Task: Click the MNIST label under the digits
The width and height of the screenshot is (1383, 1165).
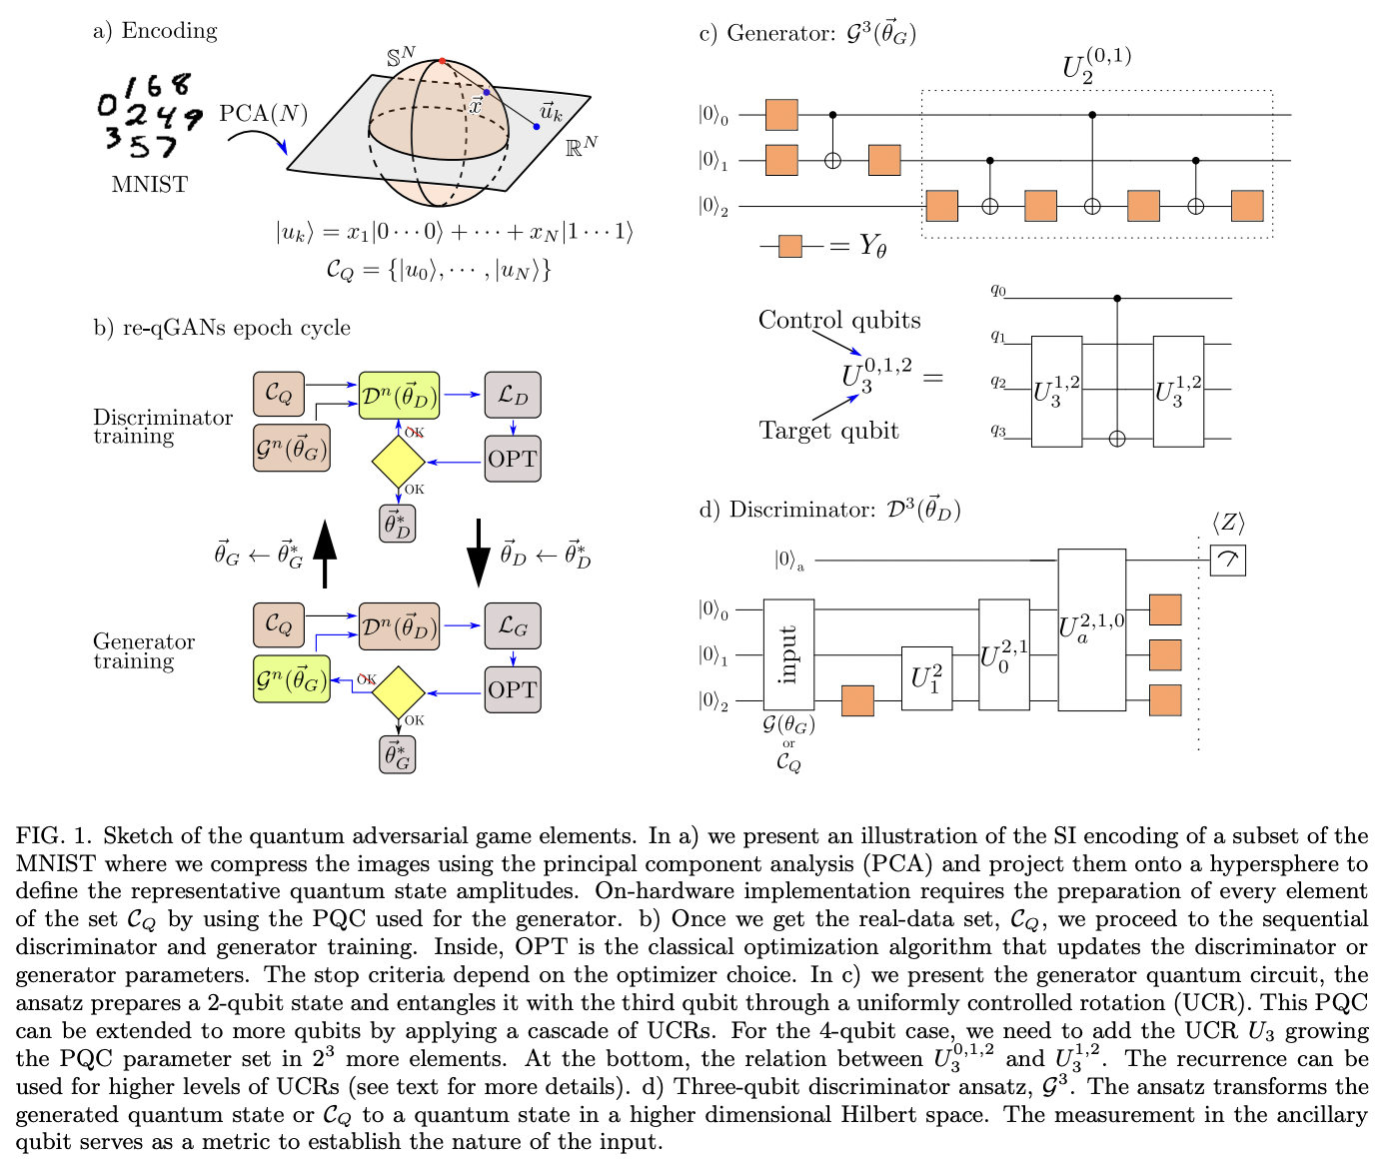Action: pyautogui.click(x=149, y=184)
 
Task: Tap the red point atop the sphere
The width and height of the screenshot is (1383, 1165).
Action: pyautogui.click(x=442, y=61)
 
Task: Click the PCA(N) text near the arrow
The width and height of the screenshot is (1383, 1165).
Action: pyautogui.click(x=264, y=113)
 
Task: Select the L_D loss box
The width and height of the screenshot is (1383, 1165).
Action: pyautogui.click(x=513, y=395)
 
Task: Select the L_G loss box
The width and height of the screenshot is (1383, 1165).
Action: pyautogui.click(x=513, y=626)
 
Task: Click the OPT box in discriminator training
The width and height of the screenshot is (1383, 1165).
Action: pyautogui.click(x=513, y=459)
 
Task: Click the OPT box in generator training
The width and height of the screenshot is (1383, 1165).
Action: pyautogui.click(x=513, y=689)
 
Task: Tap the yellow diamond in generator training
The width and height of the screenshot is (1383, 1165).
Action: pyautogui.click(x=398, y=692)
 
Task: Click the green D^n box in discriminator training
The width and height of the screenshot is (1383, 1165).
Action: pyautogui.click(x=399, y=396)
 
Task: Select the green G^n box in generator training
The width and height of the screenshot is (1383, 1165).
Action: pyautogui.click(x=291, y=679)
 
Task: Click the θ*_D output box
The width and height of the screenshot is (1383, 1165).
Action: pyautogui.click(x=398, y=524)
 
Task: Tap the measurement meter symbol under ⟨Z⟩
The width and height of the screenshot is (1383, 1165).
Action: pyautogui.click(x=1228, y=561)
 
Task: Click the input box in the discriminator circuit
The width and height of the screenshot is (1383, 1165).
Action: pyautogui.click(x=788, y=654)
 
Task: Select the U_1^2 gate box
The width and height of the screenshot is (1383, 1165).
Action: pyautogui.click(x=926, y=678)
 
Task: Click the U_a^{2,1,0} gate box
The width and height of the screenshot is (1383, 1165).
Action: pyautogui.click(x=1091, y=629)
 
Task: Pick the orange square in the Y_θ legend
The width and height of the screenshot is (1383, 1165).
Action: pyautogui.click(x=789, y=245)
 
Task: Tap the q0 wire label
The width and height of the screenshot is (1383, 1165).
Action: pyautogui.click(x=998, y=290)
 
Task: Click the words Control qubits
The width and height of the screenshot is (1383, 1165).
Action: pyautogui.click(x=839, y=320)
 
